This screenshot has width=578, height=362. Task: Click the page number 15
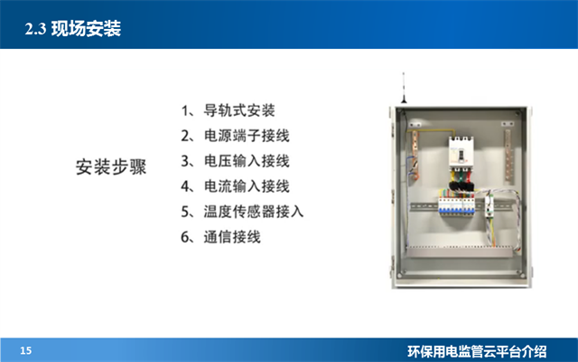point(25,350)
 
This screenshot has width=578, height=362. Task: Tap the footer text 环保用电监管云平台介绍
point(489,350)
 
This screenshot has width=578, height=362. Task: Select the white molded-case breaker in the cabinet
point(462,153)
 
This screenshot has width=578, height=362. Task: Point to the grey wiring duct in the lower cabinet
point(461,249)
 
